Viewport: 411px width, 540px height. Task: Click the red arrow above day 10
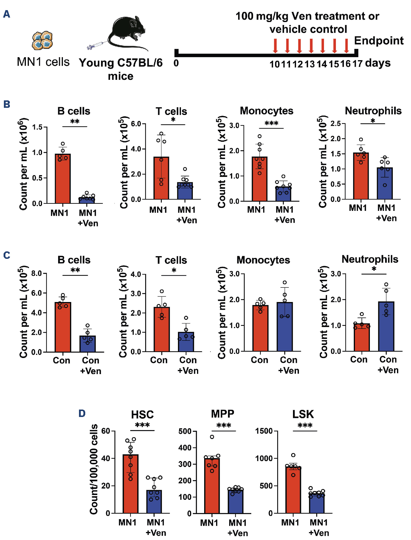[275, 46]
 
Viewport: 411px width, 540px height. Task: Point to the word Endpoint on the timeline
[379, 41]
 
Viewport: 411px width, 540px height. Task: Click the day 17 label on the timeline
[357, 63]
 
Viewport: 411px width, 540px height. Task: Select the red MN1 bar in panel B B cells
[63, 179]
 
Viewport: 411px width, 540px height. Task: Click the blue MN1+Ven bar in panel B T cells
[185, 191]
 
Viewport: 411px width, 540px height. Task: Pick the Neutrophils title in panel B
[373, 111]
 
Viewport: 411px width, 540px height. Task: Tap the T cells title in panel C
[171, 260]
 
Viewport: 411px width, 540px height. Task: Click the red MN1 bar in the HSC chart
[131, 484]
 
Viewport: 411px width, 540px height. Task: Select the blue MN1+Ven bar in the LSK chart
[317, 503]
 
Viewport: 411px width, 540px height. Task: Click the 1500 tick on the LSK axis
[264, 431]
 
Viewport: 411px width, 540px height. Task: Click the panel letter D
[82, 413]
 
